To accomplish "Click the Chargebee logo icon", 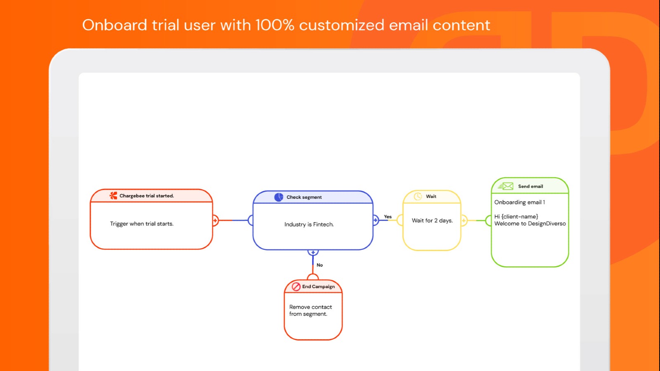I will pyautogui.click(x=113, y=196).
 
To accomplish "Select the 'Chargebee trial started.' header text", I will pyautogui.click(x=146, y=196).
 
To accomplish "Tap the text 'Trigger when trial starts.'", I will pyautogui.click(x=141, y=224).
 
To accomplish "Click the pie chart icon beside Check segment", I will pyautogui.click(x=279, y=197).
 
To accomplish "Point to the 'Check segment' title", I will pyautogui.click(x=304, y=197).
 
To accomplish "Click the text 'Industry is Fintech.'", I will pyautogui.click(x=309, y=224).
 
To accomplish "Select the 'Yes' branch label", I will pyautogui.click(x=388, y=217).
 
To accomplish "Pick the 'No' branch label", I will pyautogui.click(x=320, y=265).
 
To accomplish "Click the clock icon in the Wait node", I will pyautogui.click(x=418, y=196).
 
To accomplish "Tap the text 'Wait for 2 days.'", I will pyautogui.click(x=432, y=221).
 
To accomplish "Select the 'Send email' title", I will pyautogui.click(x=530, y=186).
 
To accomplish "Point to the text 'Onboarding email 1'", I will pyautogui.click(x=519, y=202).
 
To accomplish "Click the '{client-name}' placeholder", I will pyautogui.click(x=520, y=216).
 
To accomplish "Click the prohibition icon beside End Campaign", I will pyautogui.click(x=296, y=286).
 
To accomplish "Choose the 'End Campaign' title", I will pyautogui.click(x=318, y=286).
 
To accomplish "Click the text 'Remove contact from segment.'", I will pyautogui.click(x=310, y=310).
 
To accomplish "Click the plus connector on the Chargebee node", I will pyautogui.click(x=215, y=221).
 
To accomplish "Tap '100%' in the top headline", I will pyautogui.click(x=275, y=25).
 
